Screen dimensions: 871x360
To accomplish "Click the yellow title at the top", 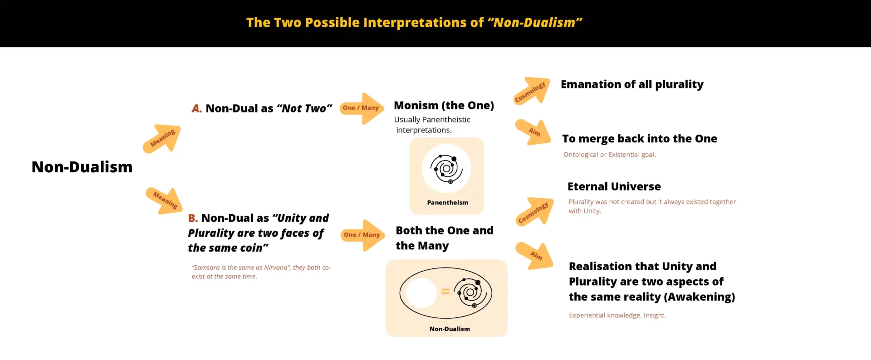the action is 414,23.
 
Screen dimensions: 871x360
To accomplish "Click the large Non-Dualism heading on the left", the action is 82,167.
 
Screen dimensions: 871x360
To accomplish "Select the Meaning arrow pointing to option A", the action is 162,138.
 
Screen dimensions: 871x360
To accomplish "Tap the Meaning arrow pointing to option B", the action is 164,200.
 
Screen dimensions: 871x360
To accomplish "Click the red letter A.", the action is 196,108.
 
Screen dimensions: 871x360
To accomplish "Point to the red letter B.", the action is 193,218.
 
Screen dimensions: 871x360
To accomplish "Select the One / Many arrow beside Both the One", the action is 363,235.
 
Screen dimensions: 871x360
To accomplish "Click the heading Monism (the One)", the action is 444,105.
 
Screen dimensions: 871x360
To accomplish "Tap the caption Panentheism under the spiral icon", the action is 448,203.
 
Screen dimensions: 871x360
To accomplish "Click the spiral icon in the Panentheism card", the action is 446,169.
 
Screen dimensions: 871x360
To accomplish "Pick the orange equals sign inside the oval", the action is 445,292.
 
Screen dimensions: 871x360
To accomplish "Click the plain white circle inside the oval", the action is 421,293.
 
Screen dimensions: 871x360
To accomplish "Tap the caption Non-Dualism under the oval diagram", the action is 450,329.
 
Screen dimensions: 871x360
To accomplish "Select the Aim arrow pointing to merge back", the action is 533,132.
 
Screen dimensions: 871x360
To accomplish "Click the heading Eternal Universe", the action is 614,186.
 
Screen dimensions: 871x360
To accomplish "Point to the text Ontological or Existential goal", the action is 610,155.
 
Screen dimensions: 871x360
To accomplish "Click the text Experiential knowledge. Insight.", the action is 617,315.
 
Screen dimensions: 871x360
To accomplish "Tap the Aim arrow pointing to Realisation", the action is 535,256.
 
